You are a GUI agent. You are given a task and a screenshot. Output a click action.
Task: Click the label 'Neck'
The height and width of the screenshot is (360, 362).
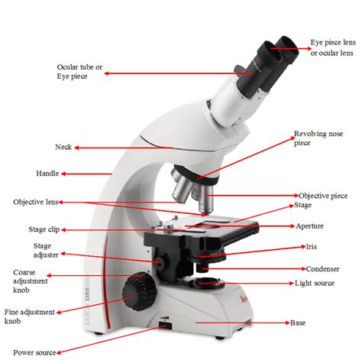(63, 148)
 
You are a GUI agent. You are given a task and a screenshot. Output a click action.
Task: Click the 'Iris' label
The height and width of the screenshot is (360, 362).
(311, 248)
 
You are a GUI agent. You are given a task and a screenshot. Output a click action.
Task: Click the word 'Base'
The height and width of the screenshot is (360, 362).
(298, 323)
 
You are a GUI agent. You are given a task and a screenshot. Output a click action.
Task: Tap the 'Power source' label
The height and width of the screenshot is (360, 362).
(34, 352)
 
